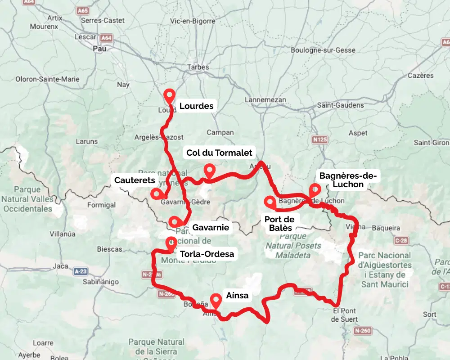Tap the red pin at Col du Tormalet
point(209,171)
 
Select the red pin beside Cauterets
point(157,193)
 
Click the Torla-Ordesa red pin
point(171,243)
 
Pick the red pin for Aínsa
point(216,300)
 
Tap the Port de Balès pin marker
point(270,202)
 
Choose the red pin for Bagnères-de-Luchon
point(315,190)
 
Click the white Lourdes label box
point(196,106)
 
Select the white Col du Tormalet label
point(220,153)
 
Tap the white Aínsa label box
point(237,296)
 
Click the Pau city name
point(99,49)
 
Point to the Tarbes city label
point(198,67)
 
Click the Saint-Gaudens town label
point(341,105)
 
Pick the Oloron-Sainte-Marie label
point(47,79)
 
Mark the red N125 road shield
point(319,140)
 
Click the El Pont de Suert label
point(345,315)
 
